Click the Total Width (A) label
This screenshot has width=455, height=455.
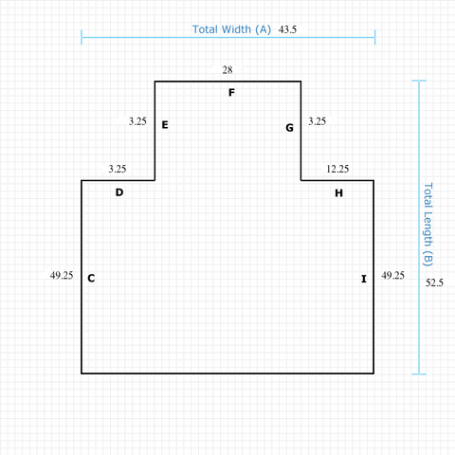[231, 29]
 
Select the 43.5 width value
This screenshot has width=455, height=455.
[287, 29]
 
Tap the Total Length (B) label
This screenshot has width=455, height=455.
[428, 225]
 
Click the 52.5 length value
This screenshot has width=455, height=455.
[434, 282]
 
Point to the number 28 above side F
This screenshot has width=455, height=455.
[227, 70]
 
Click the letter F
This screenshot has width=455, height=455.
[231, 93]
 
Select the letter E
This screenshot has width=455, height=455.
[165, 125]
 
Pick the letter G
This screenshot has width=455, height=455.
[289, 128]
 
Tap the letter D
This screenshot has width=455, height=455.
[119, 192]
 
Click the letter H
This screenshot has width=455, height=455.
[338, 192]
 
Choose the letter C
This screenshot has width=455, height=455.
[91, 278]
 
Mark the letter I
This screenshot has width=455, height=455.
[364, 279]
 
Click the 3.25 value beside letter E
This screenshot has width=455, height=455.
[137, 121]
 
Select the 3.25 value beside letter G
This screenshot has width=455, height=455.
[317, 121]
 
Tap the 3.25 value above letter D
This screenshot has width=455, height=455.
[118, 169]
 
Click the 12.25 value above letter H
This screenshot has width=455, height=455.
[337, 169]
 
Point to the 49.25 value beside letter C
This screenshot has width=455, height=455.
[62, 275]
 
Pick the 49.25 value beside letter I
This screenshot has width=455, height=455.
[392, 275]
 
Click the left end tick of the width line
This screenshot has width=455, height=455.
[82, 37]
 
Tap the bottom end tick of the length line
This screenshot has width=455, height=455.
[419, 374]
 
